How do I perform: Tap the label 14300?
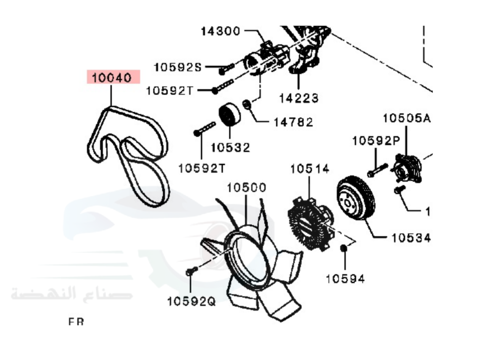[x=220, y=32]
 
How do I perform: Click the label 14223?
[x=299, y=98]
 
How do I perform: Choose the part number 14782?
[x=293, y=122]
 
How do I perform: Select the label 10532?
[x=230, y=148]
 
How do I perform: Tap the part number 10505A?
[x=406, y=118]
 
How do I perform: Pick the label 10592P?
[x=376, y=141]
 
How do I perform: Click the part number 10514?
[x=310, y=169]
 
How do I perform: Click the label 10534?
[x=410, y=237]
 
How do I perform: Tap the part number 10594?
[x=345, y=278]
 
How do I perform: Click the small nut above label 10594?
[x=344, y=249]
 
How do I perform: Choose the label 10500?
[x=246, y=188]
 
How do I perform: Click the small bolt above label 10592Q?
[x=190, y=272]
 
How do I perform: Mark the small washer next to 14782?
[x=247, y=104]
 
